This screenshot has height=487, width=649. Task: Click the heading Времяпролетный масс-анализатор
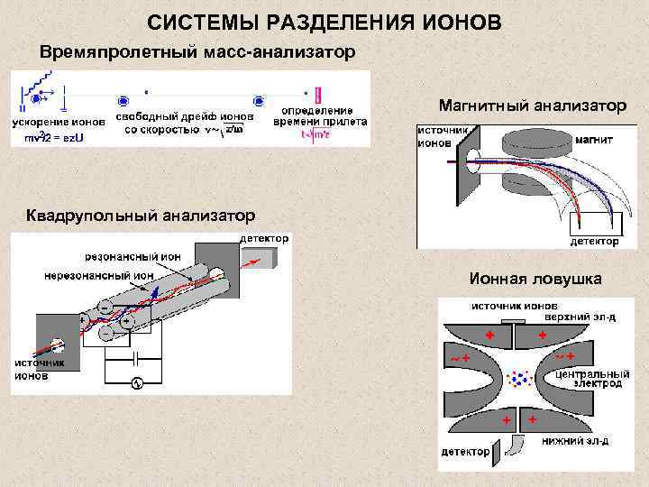pyautogui.click(x=203, y=51)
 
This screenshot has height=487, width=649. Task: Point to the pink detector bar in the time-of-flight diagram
pyautogui.click(x=318, y=94)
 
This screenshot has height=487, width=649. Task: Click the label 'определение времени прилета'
pyautogui.click(x=320, y=116)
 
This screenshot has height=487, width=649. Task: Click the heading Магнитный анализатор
pyautogui.click(x=532, y=106)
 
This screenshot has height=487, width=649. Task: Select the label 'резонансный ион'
pyautogui.click(x=133, y=257)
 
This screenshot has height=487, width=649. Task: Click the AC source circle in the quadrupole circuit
pyautogui.click(x=137, y=383)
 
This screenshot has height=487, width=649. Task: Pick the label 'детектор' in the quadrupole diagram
pyautogui.click(x=264, y=239)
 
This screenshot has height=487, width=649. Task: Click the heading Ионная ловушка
pyautogui.click(x=535, y=280)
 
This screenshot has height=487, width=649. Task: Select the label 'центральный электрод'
pyautogui.click(x=591, y=378)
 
